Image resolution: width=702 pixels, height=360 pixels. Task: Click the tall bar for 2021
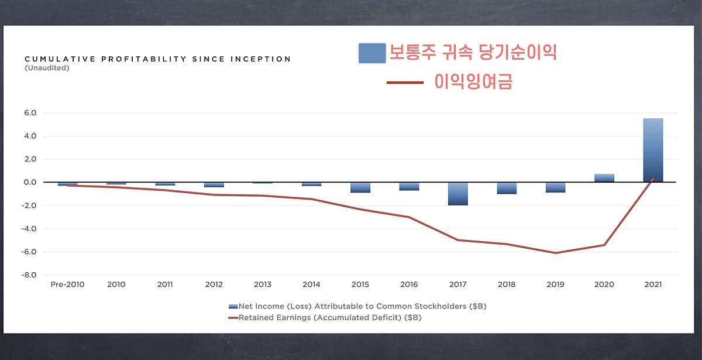[653, 150]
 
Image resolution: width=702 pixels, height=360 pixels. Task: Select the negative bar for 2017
[458, 194]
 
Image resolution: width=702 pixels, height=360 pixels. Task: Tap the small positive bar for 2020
[604, 178]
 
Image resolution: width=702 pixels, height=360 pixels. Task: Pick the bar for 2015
[360, 187]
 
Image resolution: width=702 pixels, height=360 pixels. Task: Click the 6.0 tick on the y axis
[30, 113]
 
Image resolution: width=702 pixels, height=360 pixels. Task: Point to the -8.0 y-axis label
[29, 275]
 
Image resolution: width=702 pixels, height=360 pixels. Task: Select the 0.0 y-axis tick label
[30, 182]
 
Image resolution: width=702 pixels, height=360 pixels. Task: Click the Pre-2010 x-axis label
[67, 285]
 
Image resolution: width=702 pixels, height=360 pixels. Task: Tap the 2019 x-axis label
[555, 285]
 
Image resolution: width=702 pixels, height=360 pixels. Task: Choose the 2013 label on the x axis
[263, 285]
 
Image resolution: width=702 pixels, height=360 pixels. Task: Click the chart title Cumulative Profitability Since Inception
[157, 59]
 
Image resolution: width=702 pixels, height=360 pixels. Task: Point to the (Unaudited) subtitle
[47, 68]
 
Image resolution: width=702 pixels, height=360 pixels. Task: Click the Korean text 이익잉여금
[473, 82]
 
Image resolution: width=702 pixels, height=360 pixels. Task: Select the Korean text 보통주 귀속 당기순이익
[473, 53]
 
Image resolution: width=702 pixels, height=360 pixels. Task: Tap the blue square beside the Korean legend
[371, 53]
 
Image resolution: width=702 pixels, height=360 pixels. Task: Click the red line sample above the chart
[404, 83]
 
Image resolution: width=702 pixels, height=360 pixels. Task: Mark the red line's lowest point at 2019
[555, 253]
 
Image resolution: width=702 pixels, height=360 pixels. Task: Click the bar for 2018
[507, 188]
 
